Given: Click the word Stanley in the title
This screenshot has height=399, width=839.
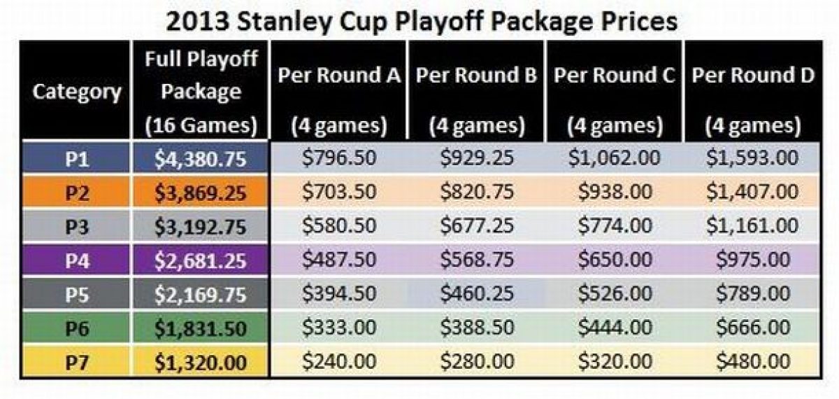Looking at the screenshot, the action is point(285,22).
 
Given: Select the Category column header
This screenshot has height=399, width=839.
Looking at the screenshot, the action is point(77,92).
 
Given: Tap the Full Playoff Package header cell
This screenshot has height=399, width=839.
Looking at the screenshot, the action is point(201,92).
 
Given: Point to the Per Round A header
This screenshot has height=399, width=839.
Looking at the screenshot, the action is point(339,100).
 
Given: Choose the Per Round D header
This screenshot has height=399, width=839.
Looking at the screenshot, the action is point(753,100).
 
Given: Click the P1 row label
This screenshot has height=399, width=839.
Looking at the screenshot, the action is point(77,159).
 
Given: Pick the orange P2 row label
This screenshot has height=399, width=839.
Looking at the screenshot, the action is point(77,192).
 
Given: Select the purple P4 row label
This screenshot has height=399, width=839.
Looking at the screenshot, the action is point(77,260).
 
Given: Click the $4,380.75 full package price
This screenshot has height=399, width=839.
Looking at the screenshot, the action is point(201,159).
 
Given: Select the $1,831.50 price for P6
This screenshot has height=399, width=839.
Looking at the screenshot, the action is point(201,328).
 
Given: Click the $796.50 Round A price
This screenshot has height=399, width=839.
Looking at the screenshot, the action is point(339,157).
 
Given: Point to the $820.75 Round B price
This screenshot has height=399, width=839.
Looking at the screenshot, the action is point(477,191).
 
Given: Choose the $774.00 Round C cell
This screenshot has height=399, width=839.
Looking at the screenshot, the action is point(615,225).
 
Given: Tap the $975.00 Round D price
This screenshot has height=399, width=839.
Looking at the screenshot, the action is point(753,259).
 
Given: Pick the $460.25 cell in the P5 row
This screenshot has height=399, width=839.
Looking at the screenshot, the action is point(477,293).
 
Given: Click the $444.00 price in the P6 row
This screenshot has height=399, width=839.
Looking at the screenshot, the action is point(615,327).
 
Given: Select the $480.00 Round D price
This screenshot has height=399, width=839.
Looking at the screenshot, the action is point(753,361).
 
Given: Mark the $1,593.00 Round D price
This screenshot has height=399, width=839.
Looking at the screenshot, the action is point(752,157).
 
